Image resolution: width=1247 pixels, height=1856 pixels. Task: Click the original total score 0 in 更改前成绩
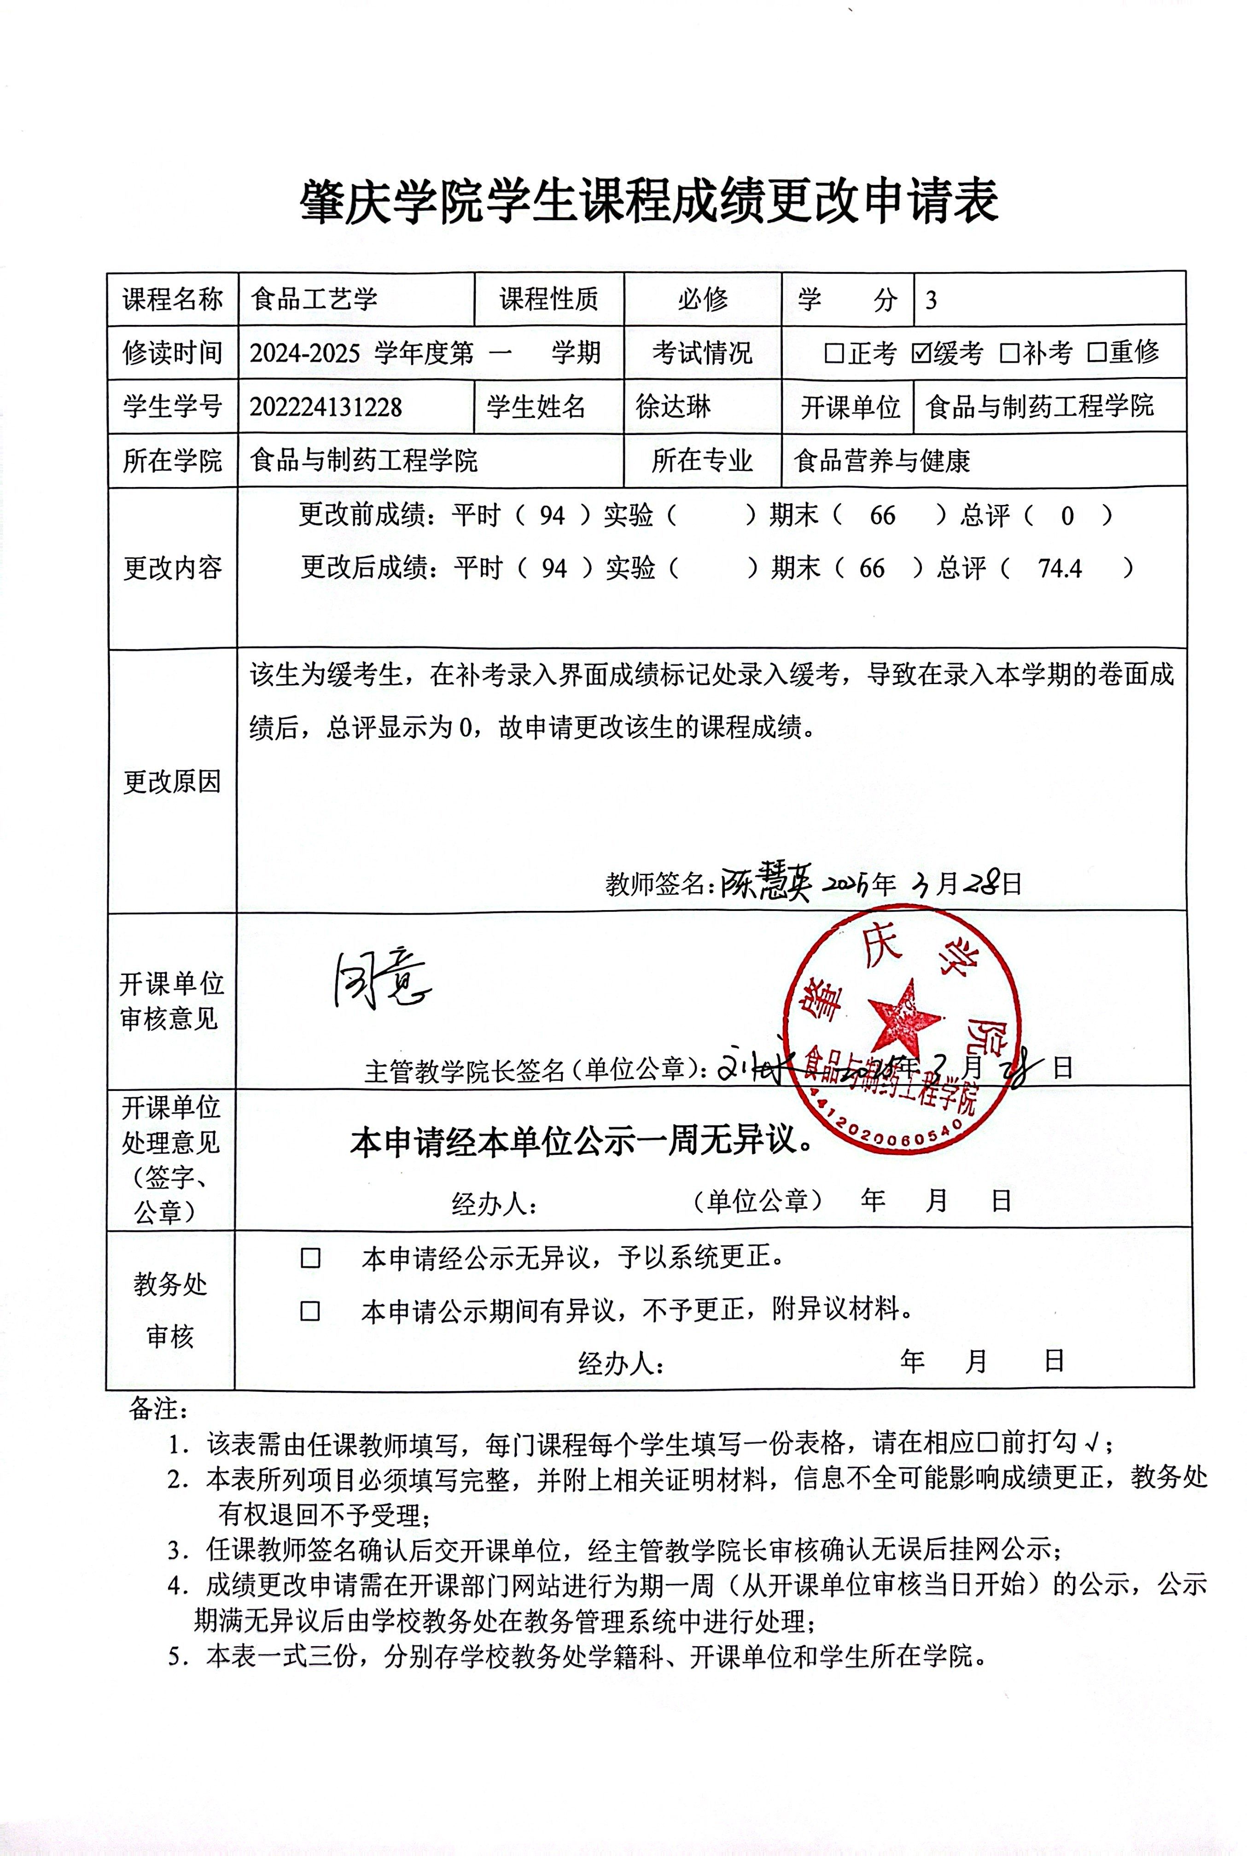pyautogui.click(x=1067, y=516)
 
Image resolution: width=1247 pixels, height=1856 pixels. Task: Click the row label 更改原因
pyautogui.click(x=172, y=782)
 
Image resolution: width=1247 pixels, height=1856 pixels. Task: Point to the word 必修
pyautogui.click(x=703, y=300)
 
